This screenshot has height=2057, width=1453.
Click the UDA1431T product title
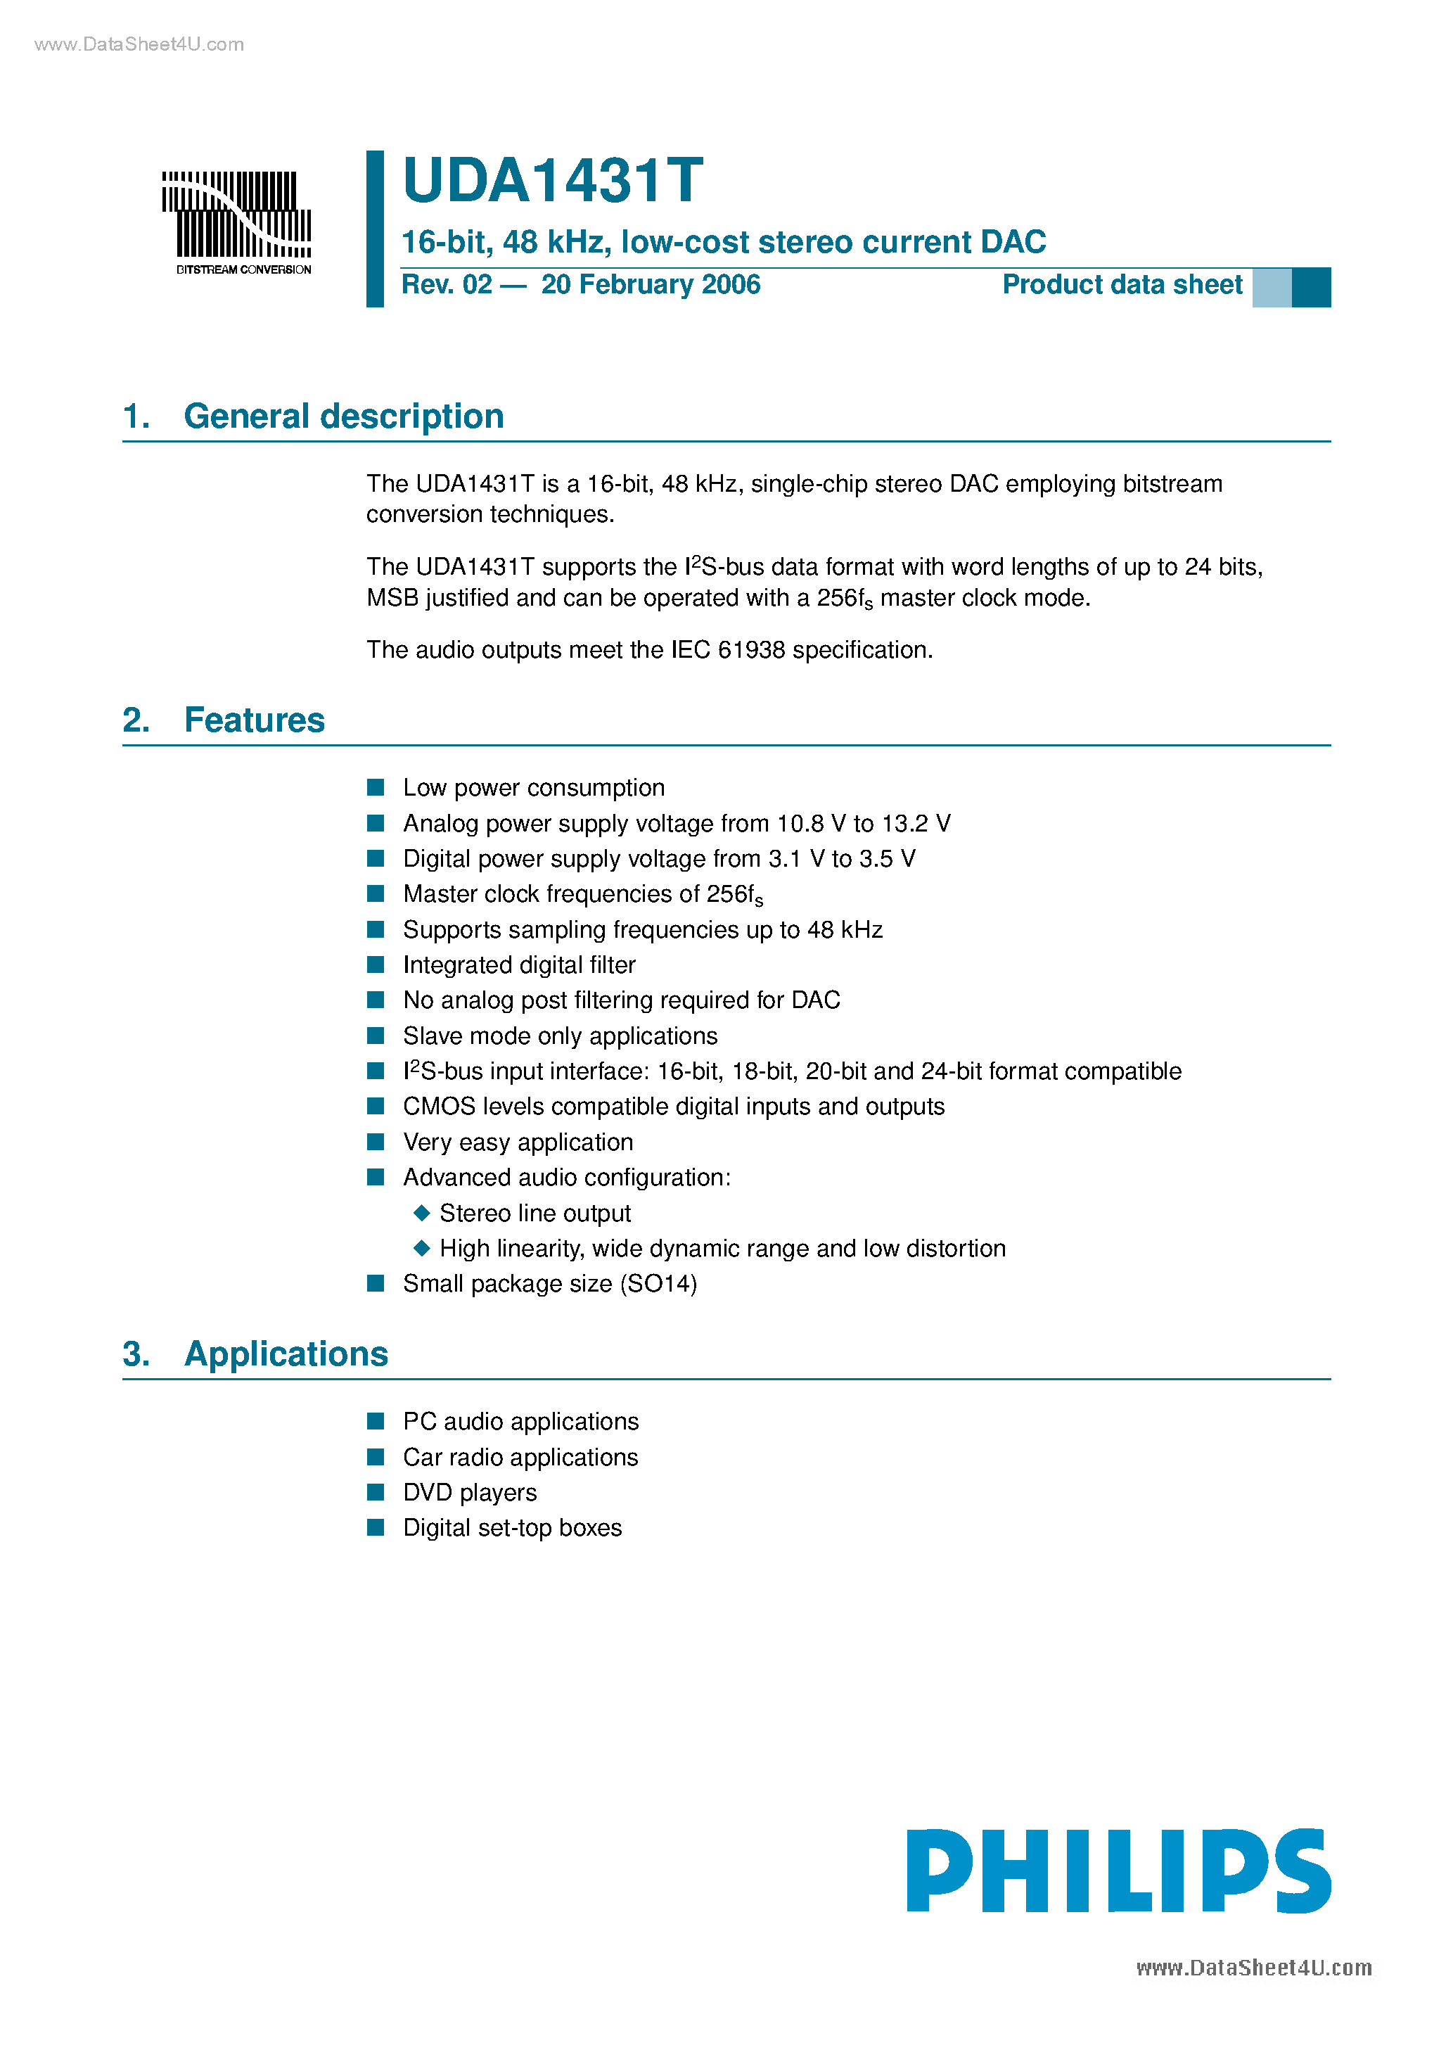coord(553,181)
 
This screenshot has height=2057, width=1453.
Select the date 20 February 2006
coord(651,285)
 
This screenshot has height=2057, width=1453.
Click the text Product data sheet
coord(1122,285)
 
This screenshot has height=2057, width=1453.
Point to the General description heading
coord(343,416)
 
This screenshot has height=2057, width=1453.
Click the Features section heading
coord(255,720)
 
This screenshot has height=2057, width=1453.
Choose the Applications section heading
coord(286,1354)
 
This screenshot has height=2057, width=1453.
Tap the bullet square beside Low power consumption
coord(376,787)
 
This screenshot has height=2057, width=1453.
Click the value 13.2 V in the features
coord(916,823)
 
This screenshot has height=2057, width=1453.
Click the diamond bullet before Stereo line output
coord(422,1213)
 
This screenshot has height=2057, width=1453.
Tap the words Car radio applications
coord(520,1458)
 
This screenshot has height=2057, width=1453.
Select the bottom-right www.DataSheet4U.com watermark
coord(1253,1968)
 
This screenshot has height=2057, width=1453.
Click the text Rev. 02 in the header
coord(446,285)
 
